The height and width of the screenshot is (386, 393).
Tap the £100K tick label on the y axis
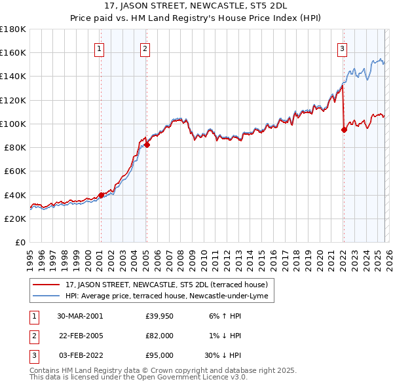point(13,124)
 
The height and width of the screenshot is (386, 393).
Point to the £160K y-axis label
point(13,52)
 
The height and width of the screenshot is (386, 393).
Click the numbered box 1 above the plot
point(99,48)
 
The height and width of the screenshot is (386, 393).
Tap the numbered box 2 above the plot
point(145,48)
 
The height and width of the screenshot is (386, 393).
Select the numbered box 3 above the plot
point(343,48)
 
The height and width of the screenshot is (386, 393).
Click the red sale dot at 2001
point(102,195)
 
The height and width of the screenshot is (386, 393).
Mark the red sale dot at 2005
point(147,145)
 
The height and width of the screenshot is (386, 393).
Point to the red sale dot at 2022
point(344,130)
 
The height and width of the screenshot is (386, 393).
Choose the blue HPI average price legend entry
point(167,296)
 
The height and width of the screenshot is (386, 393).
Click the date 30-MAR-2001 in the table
point(80,316)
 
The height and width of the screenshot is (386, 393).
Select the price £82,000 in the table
point(159,336)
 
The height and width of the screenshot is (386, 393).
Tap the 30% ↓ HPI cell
point(221,355)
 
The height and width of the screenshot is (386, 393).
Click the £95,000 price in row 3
point(159,355)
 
